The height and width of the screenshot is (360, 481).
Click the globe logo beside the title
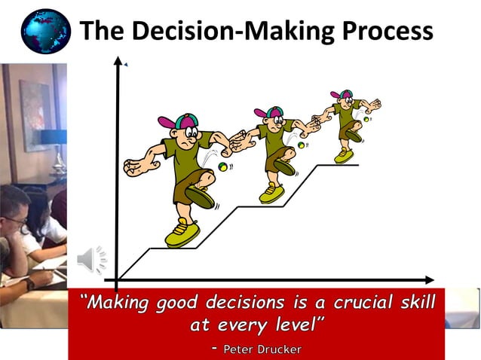(44, 31)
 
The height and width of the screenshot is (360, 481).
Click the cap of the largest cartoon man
(176, 120)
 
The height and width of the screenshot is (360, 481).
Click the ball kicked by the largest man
(223, 166)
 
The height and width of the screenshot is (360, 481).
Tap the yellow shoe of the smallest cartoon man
(345, 154)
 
